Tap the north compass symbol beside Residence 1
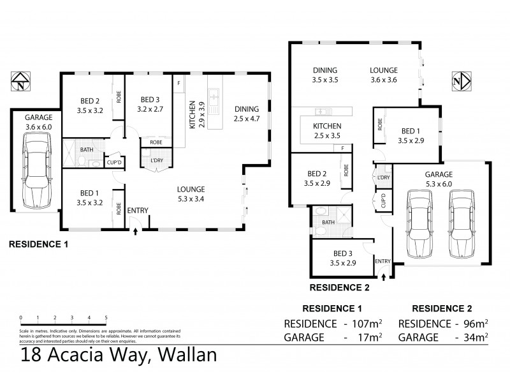20,83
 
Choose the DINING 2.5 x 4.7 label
245,113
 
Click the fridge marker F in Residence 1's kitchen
179,84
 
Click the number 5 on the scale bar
106,317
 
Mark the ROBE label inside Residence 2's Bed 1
380,125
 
